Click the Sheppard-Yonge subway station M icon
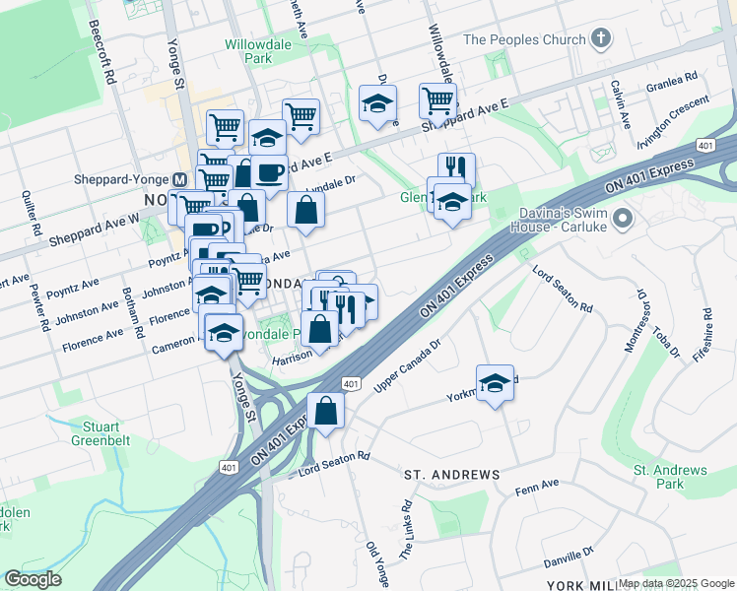179,180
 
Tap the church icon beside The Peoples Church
600,39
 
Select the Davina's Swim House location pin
621,217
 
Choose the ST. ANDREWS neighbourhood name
452,475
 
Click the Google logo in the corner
33,578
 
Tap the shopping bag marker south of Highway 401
325,411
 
